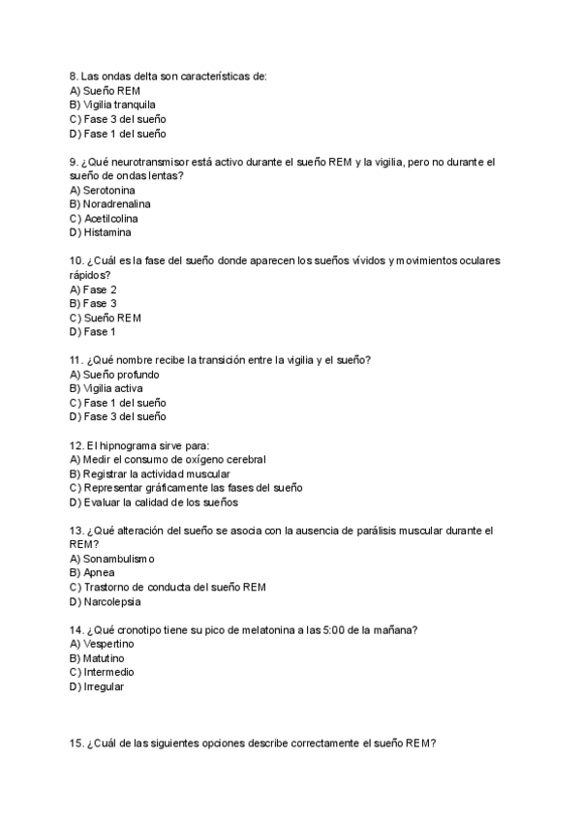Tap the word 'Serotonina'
pyautogui.click(x=108, y=190)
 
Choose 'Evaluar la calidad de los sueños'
pyautogui.click(x=160, y=502)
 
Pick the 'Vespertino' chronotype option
pyautogui.click(x=108, y=643)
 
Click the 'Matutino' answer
pyautogui.click(x=104, y=658)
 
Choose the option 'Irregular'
pyautogui.click(x=104, y=686)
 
